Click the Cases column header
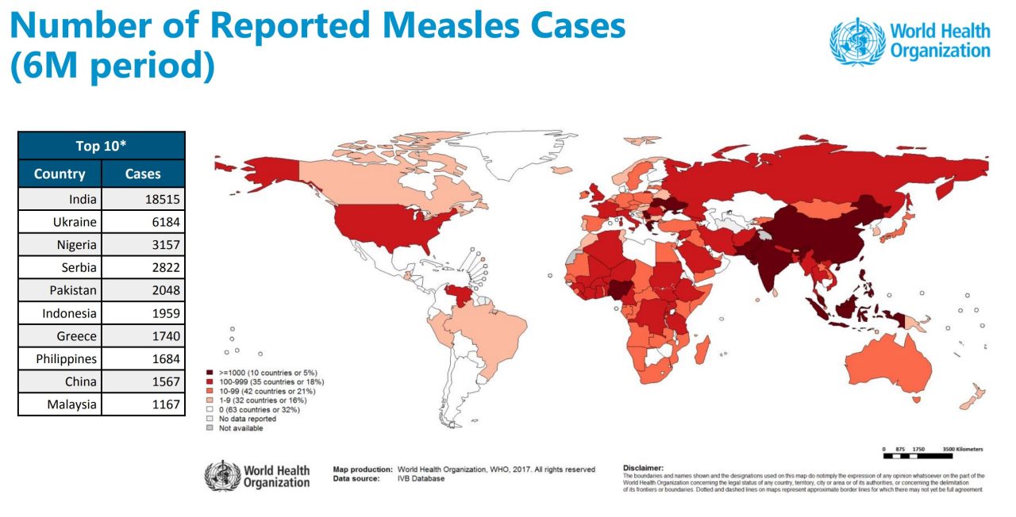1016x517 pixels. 143,174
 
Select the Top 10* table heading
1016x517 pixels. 102,146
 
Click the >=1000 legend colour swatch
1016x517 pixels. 210,372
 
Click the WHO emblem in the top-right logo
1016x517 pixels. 856,41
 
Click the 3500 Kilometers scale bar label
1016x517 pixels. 963,450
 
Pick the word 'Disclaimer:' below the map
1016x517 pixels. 643,468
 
